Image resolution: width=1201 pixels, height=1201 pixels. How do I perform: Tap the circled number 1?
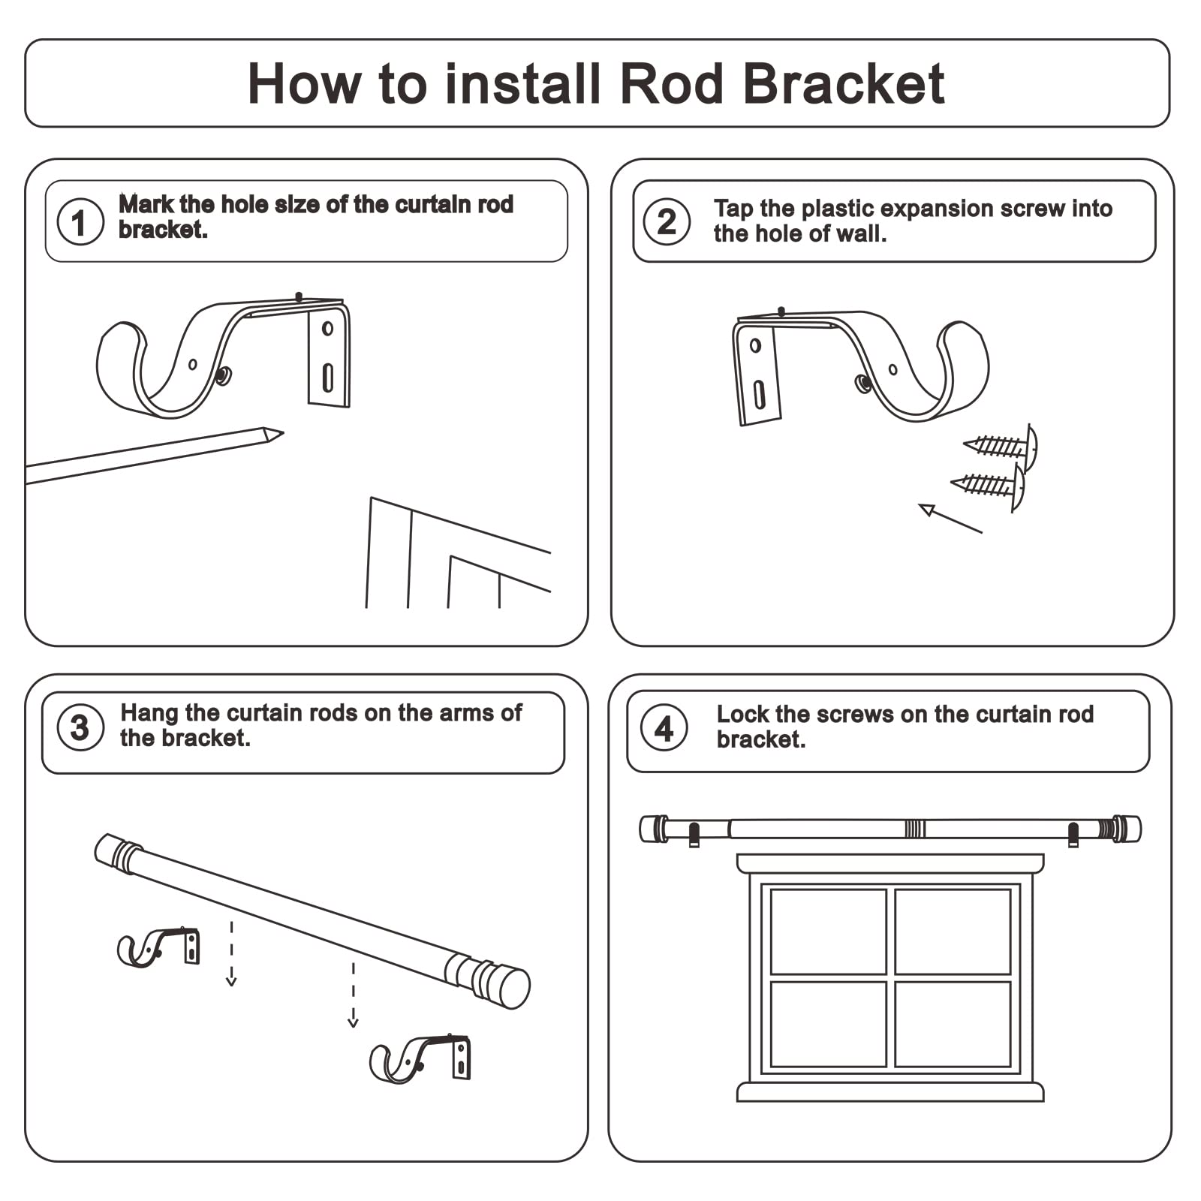pos(80,222)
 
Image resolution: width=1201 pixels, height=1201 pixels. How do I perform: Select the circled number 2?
pos(667,221)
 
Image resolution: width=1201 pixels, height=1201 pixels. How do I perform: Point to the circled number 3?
pos(80,727)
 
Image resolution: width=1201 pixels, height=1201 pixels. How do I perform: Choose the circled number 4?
pos(664,728)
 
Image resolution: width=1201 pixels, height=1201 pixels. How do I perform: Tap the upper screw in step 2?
pos(1001,447)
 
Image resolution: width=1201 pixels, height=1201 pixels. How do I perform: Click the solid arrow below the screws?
pos(950,519)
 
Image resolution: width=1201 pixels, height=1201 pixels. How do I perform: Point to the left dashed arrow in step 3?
pos(231,954)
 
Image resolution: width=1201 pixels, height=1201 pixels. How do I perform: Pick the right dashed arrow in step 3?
pos(353,995)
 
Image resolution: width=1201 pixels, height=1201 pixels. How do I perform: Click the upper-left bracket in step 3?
pos(158,948)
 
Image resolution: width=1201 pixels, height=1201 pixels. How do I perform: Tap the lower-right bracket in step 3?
pos(420,1059)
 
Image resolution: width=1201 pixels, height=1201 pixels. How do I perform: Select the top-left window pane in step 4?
pos(828,932)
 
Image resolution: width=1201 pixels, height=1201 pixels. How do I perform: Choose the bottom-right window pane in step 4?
pos(953,1024)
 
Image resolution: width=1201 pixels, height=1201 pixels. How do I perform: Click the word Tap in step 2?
pos(733,209)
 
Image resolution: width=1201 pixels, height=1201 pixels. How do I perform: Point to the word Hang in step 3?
pos(149,712)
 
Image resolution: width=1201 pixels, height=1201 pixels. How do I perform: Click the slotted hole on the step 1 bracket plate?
pos(328,378)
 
